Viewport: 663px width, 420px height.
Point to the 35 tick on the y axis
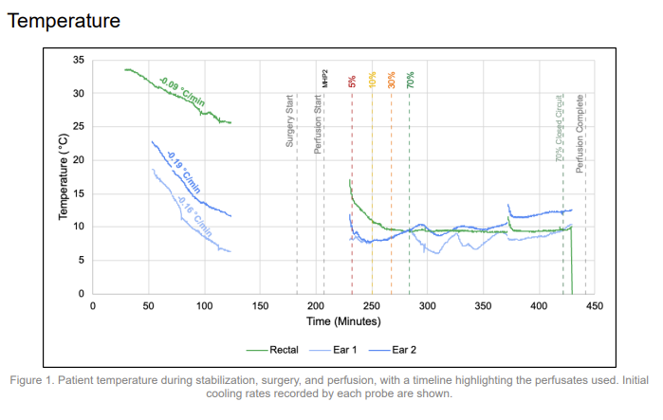[x=79, y=61]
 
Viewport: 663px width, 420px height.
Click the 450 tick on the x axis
[x=595, y=306]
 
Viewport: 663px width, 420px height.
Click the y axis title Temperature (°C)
[x=64, y=177]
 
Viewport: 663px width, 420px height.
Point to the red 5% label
[x=352, y=81]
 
